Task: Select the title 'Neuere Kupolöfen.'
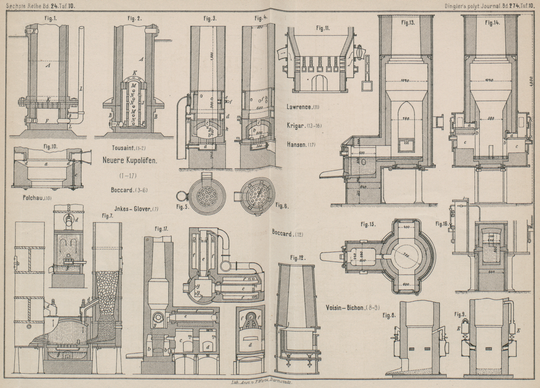coord(130,161)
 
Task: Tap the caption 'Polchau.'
coord(34,198)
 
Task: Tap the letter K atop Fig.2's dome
coord(134,73)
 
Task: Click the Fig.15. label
coord(368,224)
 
